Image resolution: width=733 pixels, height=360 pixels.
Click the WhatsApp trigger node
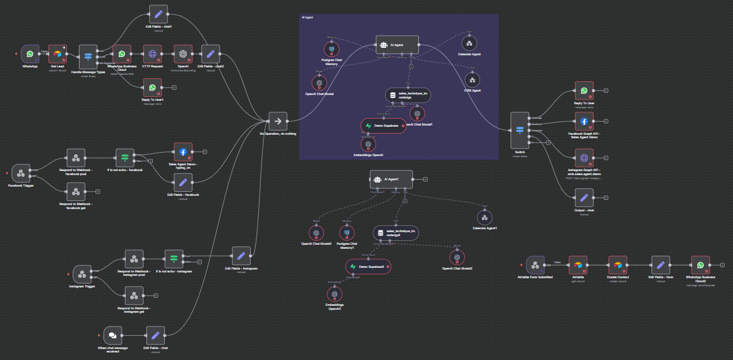click(30, 54)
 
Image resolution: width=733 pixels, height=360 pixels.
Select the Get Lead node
click(57, 54)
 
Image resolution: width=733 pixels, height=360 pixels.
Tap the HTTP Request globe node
click(152, 54)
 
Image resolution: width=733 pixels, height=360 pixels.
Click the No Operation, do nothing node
click(278, 122)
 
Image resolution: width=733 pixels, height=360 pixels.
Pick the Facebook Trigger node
click(21, 174)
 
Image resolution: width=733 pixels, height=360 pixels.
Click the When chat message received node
click(113, 335)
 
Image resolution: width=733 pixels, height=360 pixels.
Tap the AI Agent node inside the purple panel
click(397, 45)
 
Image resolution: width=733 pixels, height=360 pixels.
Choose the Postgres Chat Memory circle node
click(332, 50)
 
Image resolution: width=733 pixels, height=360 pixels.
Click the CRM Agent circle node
click(472, 79)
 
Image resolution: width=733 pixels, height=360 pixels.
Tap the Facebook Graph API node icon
click(584, 122)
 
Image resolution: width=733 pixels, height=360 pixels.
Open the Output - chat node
click(584, 198)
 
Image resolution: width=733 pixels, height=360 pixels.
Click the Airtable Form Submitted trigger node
click(535, 265)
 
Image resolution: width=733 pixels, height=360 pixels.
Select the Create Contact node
click(618, 265)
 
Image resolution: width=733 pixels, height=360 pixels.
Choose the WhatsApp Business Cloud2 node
click(700, 265)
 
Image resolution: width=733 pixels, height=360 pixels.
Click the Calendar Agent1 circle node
click(485, 217)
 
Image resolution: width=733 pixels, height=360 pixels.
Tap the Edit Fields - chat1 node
click(158, 14)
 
